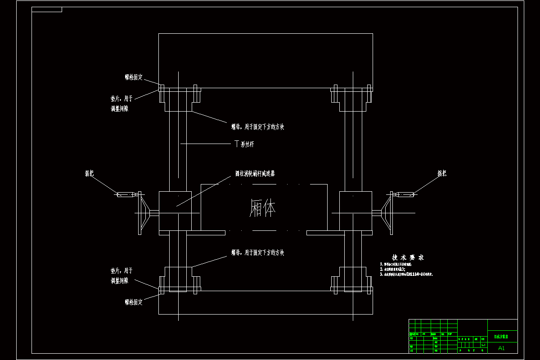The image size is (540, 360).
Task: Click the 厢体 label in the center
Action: pos(262,209)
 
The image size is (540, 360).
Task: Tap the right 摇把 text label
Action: pos(442,173)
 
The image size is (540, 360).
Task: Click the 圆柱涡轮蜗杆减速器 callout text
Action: pos(255,173)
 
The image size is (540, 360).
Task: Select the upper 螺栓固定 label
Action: pos(134,77)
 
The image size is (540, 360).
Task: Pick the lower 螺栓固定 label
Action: pos(134,302)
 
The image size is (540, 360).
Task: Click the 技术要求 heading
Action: pos(408,257)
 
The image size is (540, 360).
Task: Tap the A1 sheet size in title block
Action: pos(502,348)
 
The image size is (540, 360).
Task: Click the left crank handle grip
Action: pos(125,194)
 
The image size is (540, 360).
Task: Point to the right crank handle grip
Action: pos(406,194)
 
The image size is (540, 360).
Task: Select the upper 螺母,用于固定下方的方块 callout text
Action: pos(257,127)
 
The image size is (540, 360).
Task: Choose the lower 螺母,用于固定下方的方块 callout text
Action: pos(257,253)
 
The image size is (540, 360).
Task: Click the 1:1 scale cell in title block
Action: pos(483,345)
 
